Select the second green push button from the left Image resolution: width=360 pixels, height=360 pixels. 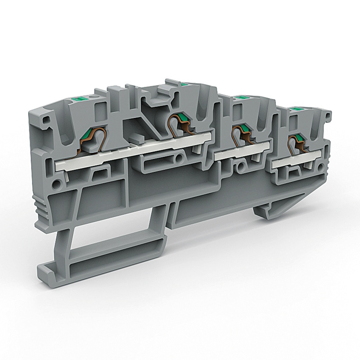pos(183,84)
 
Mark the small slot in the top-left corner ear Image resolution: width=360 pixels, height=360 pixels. pos(45,120)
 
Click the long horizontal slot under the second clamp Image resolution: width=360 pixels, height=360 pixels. pos(157,162)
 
